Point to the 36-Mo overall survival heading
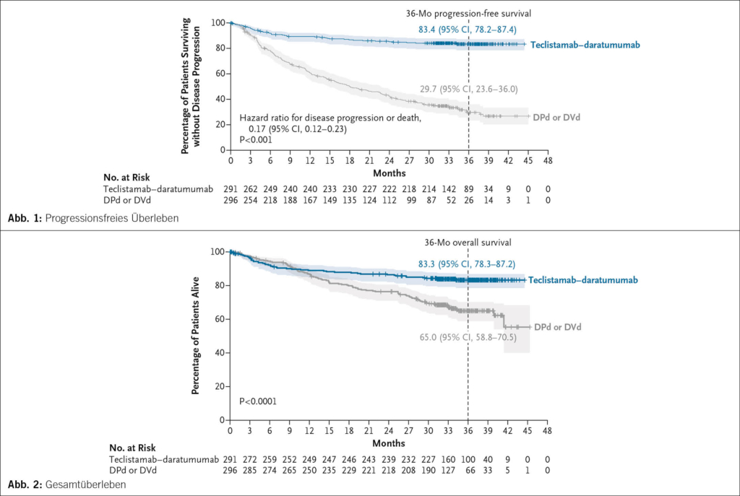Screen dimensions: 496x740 [468, 243]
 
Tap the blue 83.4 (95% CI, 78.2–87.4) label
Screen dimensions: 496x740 [468, 30]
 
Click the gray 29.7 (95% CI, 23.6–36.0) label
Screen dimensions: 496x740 [468, 89]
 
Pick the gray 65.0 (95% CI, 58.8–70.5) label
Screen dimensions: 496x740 [468, 336]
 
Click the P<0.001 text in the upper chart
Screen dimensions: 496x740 [257, 140]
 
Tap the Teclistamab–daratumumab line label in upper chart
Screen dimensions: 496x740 [585, 45]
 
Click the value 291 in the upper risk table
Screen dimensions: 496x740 [231, 188]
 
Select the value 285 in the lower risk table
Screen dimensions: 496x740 [250, 470]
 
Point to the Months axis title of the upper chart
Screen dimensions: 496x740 [389, 173]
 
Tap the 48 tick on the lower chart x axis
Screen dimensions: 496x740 [548, 431]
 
